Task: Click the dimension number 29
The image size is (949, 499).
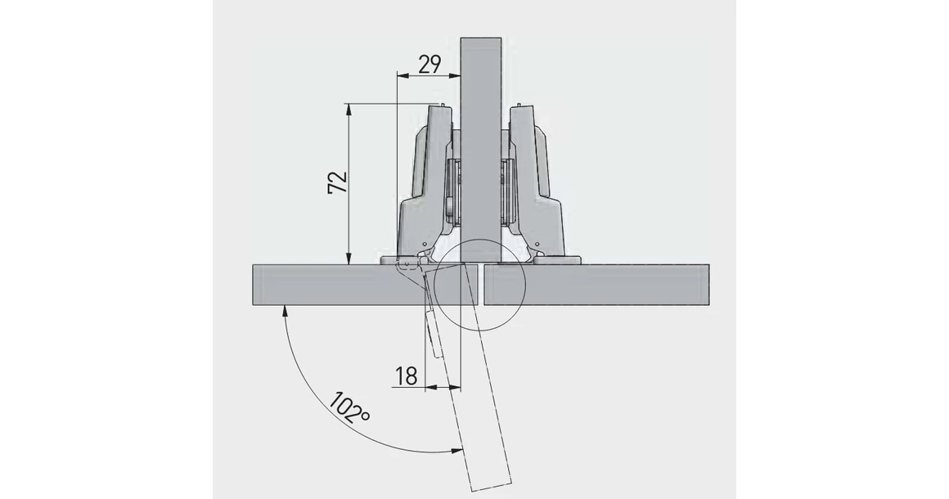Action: point(430,65)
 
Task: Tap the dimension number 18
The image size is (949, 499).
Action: point(406,375)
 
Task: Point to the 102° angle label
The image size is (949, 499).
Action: point(349,407)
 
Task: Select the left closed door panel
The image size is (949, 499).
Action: point(327,284)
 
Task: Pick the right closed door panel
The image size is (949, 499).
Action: point(597,284)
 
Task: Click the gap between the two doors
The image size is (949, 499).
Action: point(483,284)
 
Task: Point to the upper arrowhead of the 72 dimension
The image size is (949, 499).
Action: point(349,108)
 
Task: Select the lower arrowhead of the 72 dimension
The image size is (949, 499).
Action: point(349,259)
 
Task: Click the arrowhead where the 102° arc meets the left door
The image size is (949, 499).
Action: point(284,308)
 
